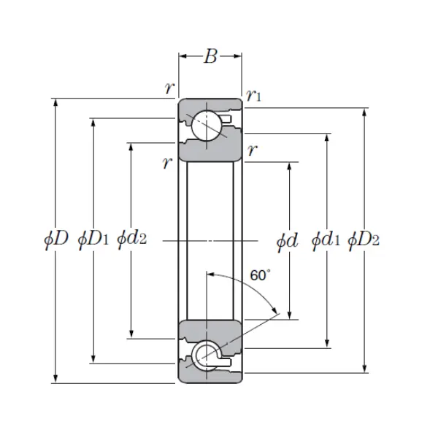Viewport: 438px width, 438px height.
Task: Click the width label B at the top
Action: point(210,57)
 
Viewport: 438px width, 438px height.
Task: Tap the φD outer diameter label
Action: point(55,239)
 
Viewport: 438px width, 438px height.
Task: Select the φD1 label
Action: point(93,239)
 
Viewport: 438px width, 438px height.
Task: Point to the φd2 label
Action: point(131,239)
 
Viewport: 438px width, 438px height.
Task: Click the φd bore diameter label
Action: point(288,239)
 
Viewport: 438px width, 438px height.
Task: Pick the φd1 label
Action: point(326,239)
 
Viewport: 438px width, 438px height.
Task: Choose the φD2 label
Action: point(364,239)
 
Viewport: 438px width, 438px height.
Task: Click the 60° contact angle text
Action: point(260,275)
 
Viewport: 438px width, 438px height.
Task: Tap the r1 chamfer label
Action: point(254,95)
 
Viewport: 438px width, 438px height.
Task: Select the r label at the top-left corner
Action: point(169,89)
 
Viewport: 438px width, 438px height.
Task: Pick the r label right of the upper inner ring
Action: point(252,151)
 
